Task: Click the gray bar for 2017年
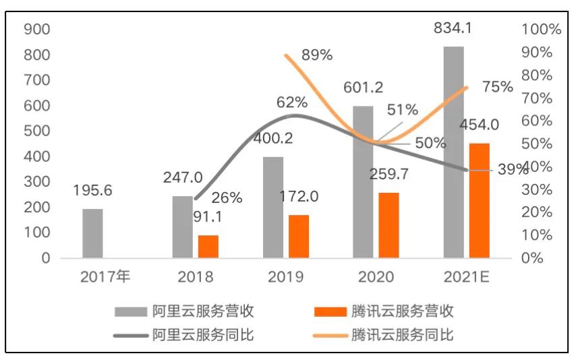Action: [92, 233]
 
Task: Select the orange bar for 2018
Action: [208, 246]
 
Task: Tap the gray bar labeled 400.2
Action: [273, 207]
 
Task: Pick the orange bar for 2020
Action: [388, 225]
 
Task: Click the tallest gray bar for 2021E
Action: [453, 152]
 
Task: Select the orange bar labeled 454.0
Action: [479, 200]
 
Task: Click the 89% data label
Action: [317, 55]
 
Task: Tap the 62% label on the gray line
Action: [292, 102]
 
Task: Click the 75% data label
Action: [498, 86]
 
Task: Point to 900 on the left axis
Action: [36, 29]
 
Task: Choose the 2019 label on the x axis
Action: [286, 276]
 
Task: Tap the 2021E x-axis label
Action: [466, 276]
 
